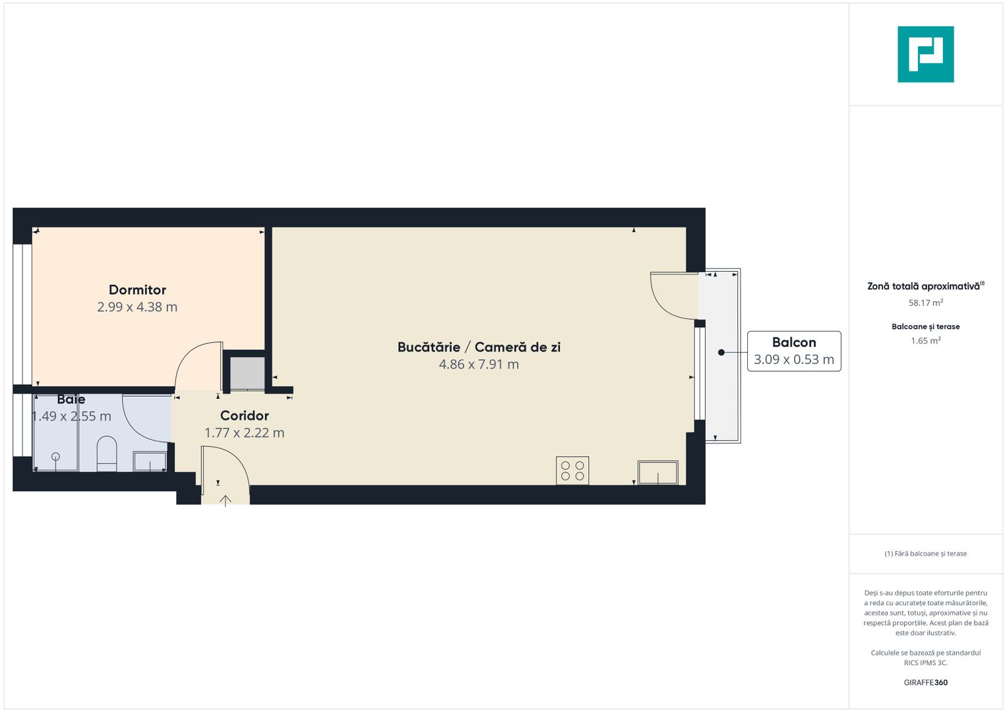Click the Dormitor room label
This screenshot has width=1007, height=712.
[137, 290]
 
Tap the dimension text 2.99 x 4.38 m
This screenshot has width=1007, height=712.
[137, 307]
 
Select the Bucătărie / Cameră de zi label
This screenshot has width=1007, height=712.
[479, 347]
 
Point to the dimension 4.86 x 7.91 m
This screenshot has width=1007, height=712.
[479, 365]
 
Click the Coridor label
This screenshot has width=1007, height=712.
[244, 416]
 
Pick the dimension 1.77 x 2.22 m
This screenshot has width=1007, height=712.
[244, 433]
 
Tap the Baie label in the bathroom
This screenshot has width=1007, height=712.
[71, 400]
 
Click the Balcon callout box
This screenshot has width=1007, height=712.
[794, 351]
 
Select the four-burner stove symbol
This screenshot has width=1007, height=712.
[572, 471]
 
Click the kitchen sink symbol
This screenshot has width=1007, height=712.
[657, 473]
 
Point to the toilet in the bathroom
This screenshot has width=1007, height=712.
[107, 454]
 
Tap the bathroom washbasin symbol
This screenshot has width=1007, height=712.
[150, 461]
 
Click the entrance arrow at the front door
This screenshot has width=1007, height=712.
[226, 500]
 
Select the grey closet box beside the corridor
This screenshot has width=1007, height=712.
[247, 373]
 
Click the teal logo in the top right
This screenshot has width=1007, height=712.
[925, 55]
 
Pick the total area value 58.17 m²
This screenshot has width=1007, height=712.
[925, 303]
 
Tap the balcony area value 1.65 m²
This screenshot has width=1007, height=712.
[925, 341]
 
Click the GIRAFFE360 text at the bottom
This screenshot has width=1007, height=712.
[925, 683]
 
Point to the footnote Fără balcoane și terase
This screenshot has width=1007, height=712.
[925, 554]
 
